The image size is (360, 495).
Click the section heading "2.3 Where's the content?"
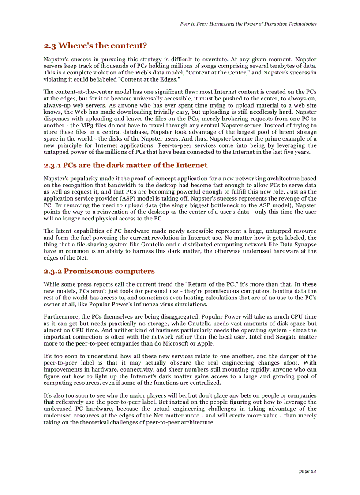coord(95,46)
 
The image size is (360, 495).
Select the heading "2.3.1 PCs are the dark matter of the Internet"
coord(125,165)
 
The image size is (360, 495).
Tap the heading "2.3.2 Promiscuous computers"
coord(99,271)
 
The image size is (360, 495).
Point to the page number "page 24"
coord(307,471)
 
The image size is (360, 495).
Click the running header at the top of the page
coord(248,24)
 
